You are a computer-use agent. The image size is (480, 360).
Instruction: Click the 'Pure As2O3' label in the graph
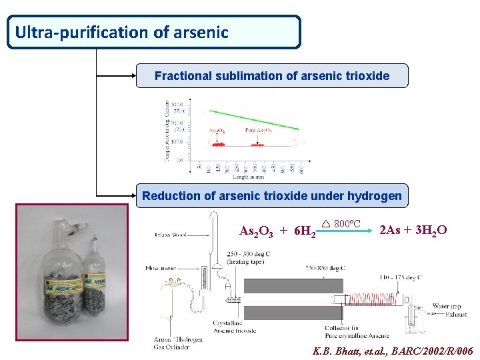[258, 131]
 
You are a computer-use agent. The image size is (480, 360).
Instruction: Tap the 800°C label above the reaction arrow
[347, 223]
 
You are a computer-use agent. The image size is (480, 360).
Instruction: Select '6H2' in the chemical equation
[305, 231]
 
